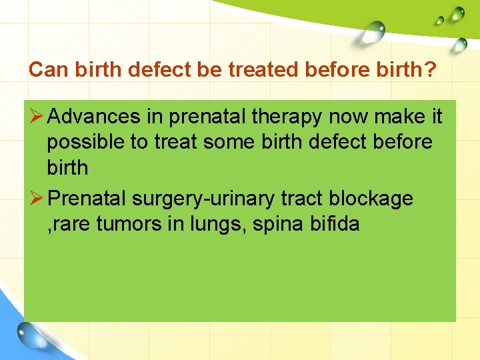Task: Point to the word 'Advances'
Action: [94, 117]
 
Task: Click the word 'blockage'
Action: [375, 199]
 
